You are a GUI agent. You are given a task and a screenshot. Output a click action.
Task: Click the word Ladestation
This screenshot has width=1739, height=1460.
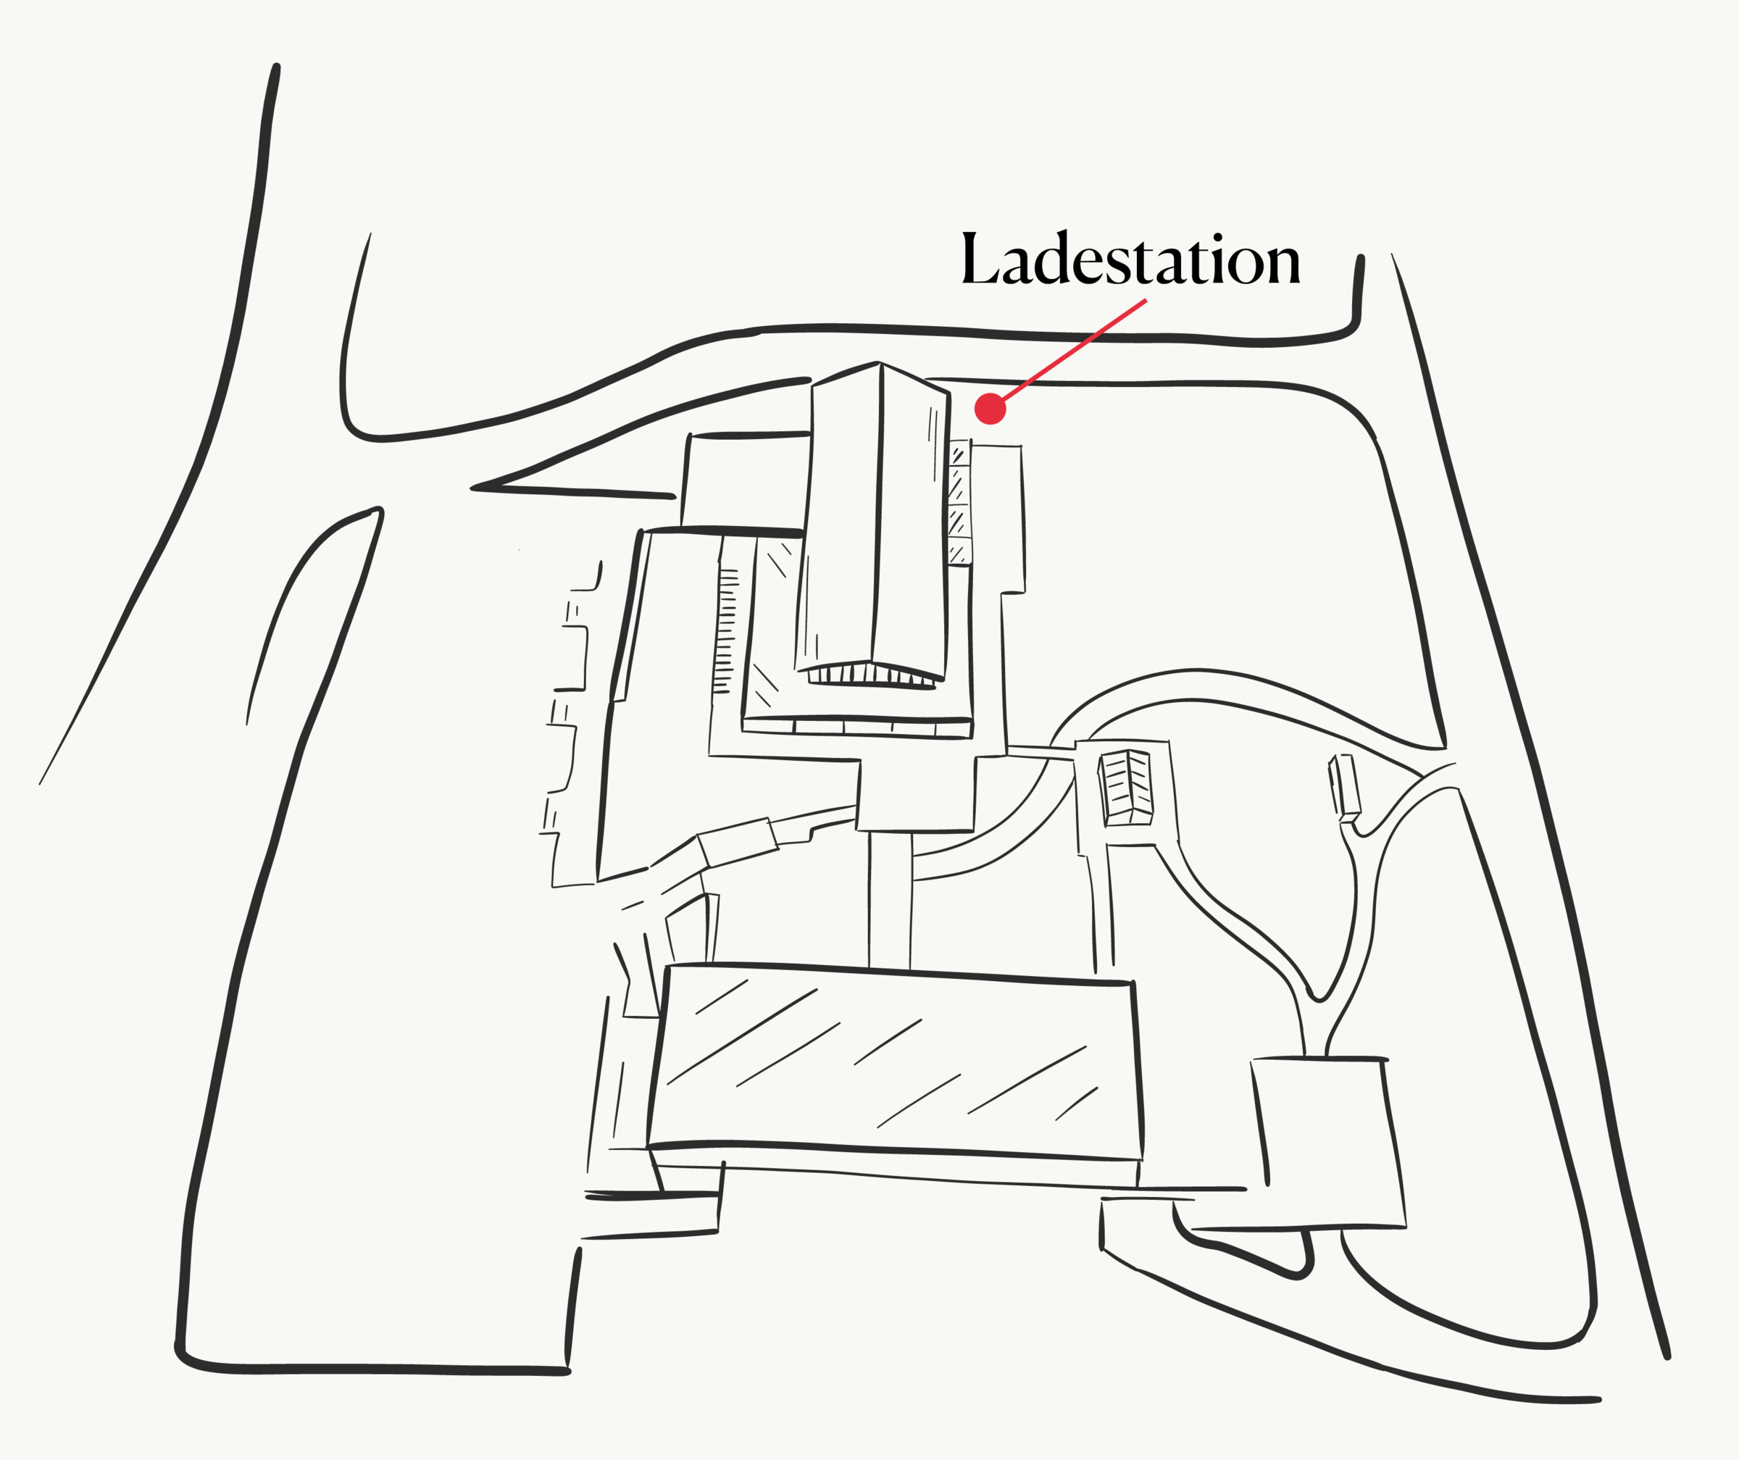pyautogui.click(x=1130, y=260)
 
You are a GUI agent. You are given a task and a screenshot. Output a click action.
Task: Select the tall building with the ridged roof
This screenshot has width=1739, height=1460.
pyautogui.click(x=877, y=522)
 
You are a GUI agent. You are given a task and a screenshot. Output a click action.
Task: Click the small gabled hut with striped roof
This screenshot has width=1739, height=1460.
pyautogui.click(x=1125, y=788)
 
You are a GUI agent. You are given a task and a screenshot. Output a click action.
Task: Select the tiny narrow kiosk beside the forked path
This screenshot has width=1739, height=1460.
pyautogui.click(x=1346, y=787)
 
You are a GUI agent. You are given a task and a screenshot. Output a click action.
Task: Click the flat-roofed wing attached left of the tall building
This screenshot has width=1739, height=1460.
pyautogui.click(x=746, y=480)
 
